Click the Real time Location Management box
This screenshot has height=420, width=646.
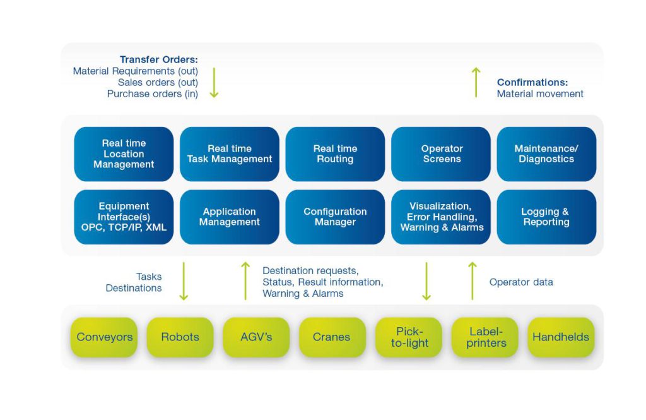[124, 154]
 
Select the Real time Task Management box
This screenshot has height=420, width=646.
[230, 154]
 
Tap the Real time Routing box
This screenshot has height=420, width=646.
[335, 154]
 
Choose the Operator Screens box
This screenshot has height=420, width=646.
[442, 154]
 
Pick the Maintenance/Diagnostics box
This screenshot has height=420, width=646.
[546, 154]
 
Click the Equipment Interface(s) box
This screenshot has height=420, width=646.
[124, 217]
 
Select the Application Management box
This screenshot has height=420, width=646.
[230, 217]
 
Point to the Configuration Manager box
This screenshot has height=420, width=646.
[335, 217]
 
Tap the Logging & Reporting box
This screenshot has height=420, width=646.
[546, 217]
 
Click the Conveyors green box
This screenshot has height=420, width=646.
[105, 337]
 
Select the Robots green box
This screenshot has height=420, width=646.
[180, 337]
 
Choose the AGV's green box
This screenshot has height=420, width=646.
[256, 337]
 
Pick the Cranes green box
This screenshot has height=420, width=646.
[332, 337]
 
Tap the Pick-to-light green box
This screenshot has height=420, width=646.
[409, 337]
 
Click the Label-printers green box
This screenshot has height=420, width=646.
[484, 337]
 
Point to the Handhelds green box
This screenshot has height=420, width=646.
[561, 337]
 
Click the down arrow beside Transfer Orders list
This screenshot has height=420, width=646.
[214, 82]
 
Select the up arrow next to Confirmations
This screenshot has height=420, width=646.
[476, 82]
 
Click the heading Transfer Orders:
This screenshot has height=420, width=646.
[158, 60]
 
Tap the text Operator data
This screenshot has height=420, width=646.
[521, 282]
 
